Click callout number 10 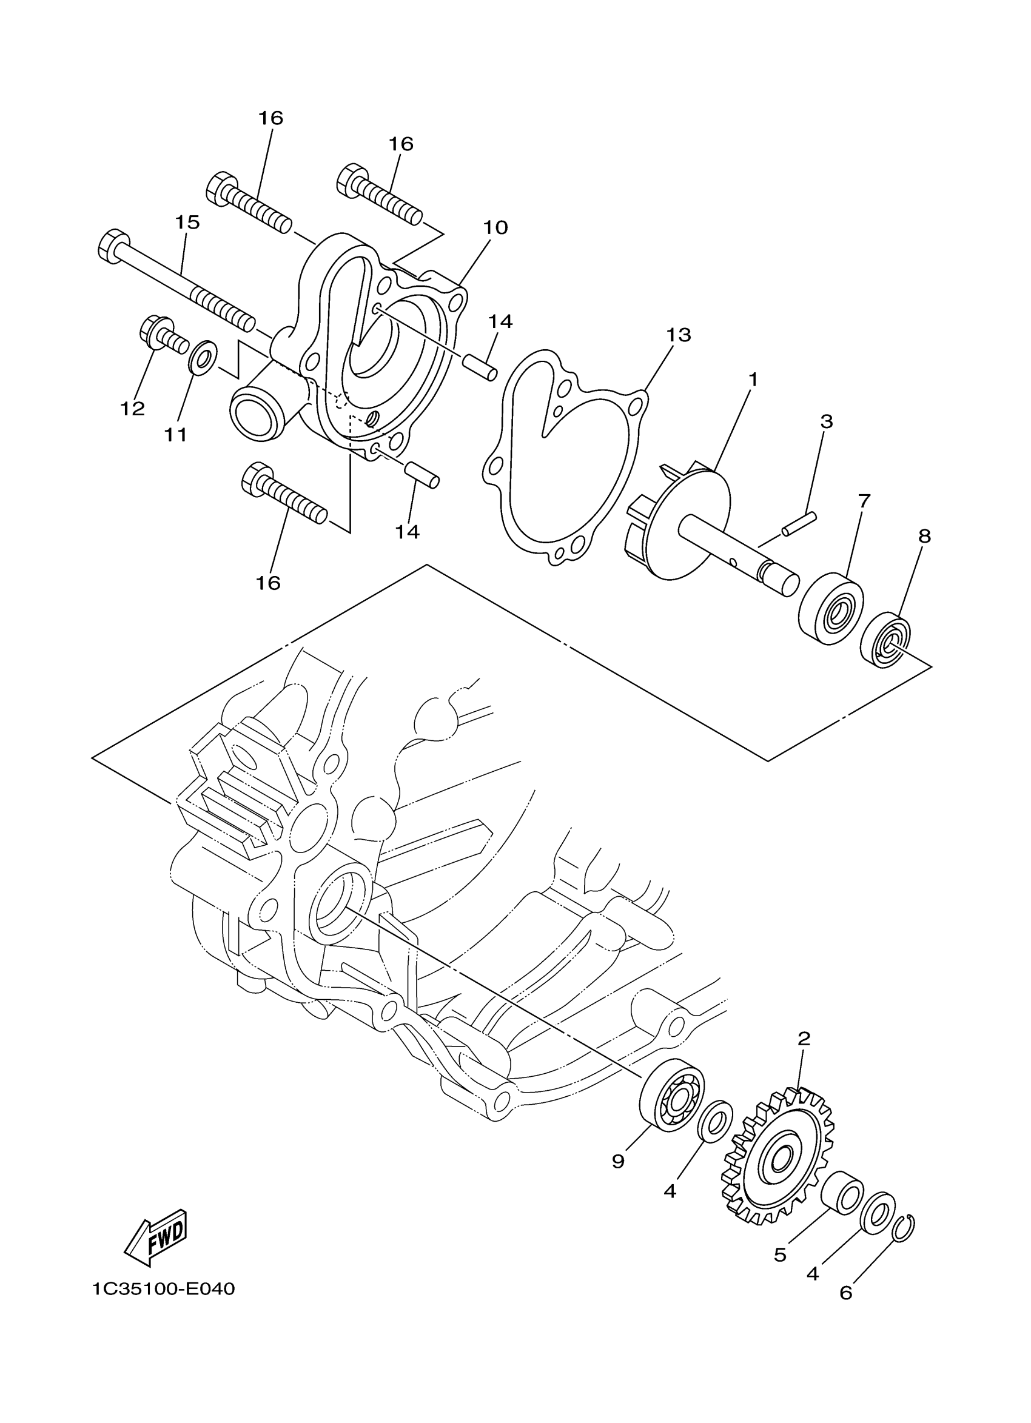pos(495,228)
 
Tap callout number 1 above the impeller pos(753,380)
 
